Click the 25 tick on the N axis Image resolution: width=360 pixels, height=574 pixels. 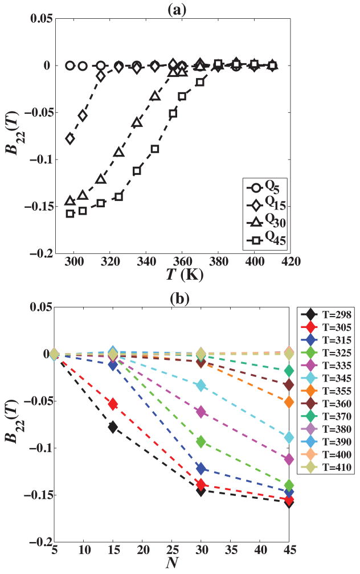coord(172,550)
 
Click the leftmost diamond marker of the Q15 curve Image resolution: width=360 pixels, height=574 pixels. coord(70,138)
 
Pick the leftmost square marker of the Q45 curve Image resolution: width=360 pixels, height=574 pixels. coord(70,214)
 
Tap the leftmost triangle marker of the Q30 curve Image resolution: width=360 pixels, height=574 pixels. coord(70,201)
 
